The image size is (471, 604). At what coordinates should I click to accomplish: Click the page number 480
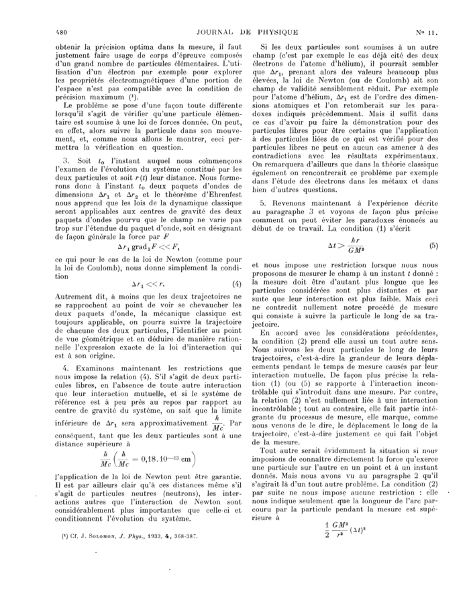48,32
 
